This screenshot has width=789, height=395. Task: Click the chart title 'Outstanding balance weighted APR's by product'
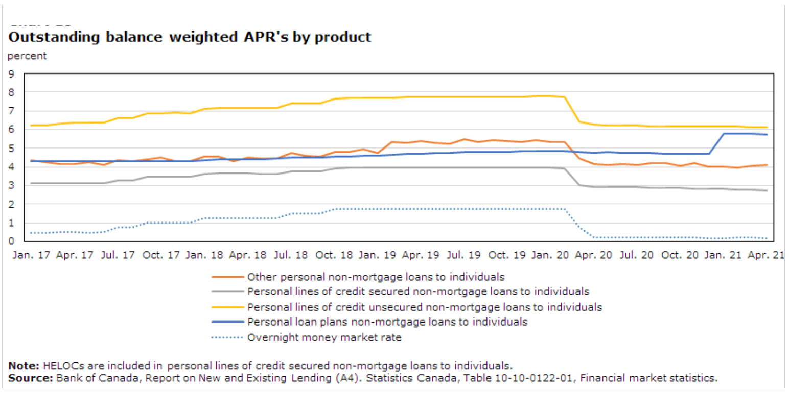click(190, 37)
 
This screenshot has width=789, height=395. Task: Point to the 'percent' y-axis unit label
click(27, 56)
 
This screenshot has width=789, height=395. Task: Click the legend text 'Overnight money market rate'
click(324, 338)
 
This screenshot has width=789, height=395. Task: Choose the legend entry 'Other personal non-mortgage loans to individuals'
click(376, 277)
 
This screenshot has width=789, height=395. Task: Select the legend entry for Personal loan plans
click(387, 323)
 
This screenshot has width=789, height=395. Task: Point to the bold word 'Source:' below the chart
click(30, 378)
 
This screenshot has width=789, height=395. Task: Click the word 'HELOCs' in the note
click(60, 366)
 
